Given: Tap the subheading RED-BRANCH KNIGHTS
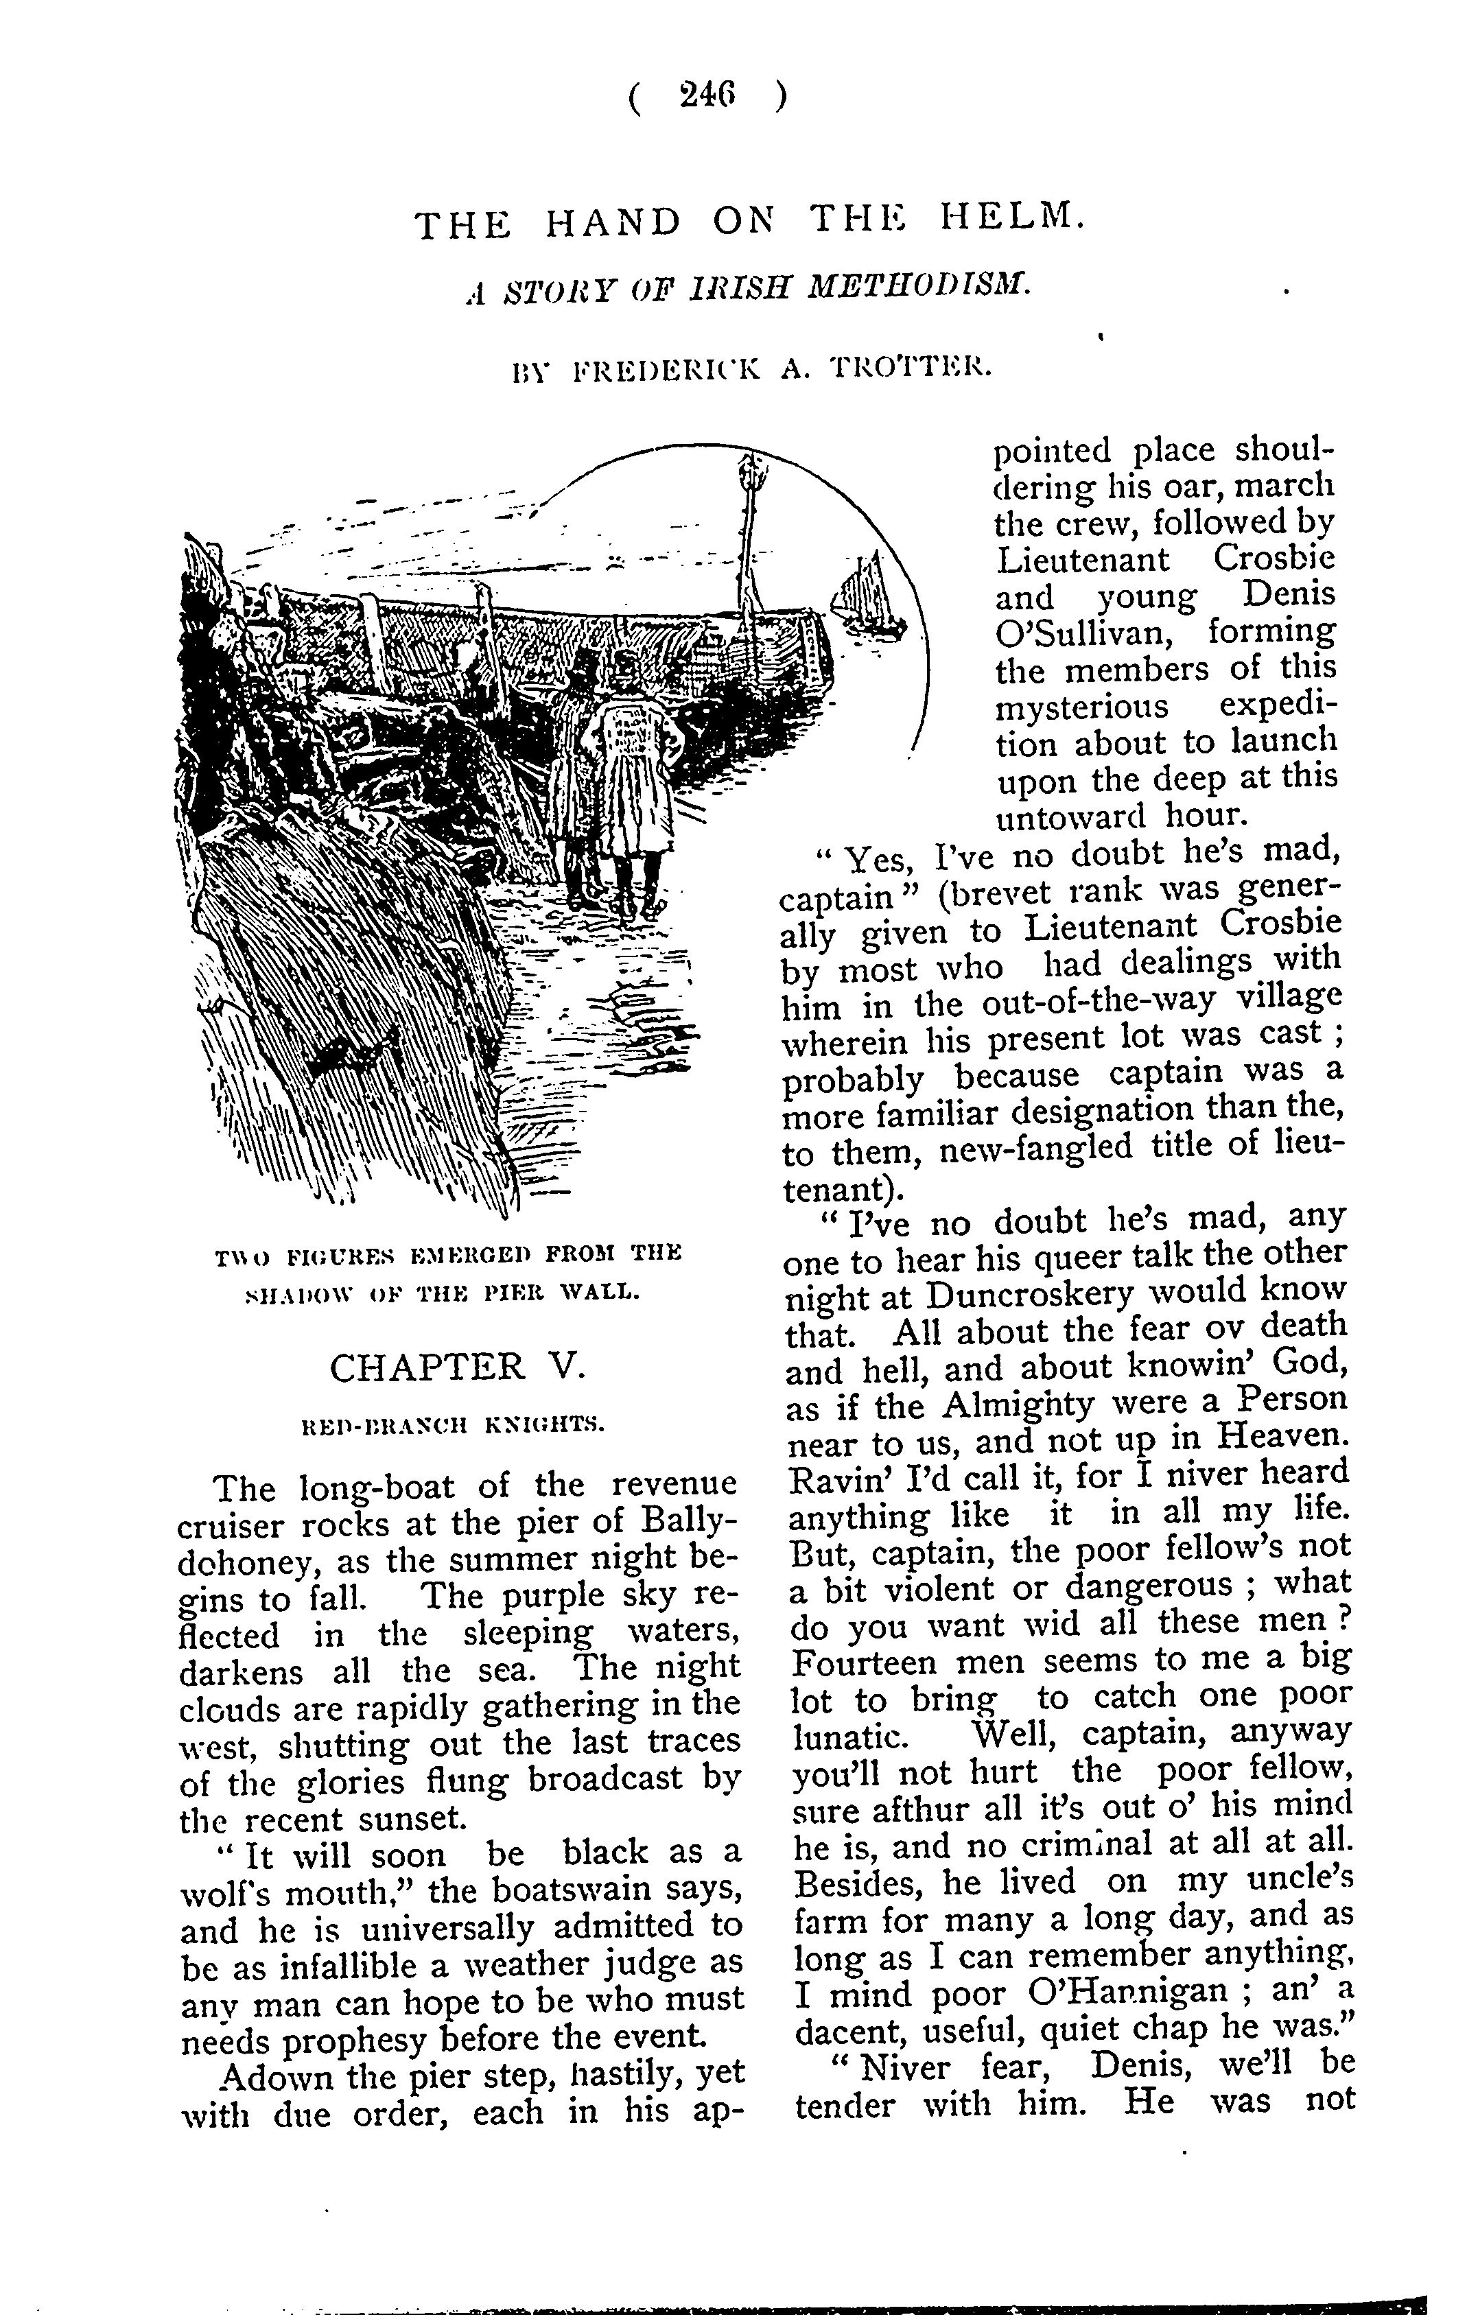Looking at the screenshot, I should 453,1425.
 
